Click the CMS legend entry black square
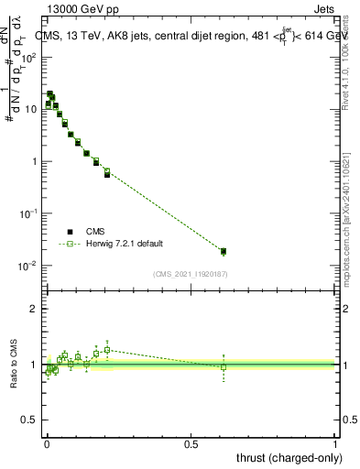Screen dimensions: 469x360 point(70,232)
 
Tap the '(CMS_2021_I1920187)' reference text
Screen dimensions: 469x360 point(191,273)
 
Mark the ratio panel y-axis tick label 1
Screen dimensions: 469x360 point(33,365)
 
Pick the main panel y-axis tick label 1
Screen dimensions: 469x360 point(33,161)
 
